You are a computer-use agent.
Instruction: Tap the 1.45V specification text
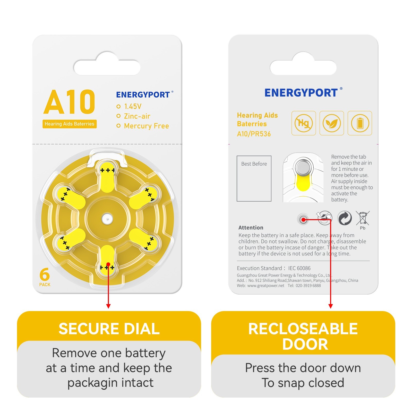click(x=133, y=106)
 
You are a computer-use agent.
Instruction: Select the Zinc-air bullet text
click(x=137, y=116)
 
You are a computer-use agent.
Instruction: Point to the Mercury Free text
click(x=147, y=126)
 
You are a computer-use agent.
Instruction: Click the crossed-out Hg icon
click(x=304, y=123)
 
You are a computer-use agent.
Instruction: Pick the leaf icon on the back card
click(x=332, y=123)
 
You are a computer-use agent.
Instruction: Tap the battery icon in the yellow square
click(x=360, y=123)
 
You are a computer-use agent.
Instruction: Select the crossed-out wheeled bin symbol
click(x=363, y=218)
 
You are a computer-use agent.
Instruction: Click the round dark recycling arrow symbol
click(x=345, y=218)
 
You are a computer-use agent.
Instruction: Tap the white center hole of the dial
click(x=107, y=219)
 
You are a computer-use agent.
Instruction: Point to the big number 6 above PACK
click(x=45, y=274)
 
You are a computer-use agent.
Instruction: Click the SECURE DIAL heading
click(x=109, y=329)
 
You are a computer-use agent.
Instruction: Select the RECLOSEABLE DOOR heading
click(x=303, y=336)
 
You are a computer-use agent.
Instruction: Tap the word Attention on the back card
click(x=251, y=228)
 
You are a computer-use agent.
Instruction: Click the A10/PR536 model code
click(x=254, y=134)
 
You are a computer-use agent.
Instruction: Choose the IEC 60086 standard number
click(x=299, y=268)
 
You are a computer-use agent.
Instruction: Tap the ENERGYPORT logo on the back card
click(x=301, y=93)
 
